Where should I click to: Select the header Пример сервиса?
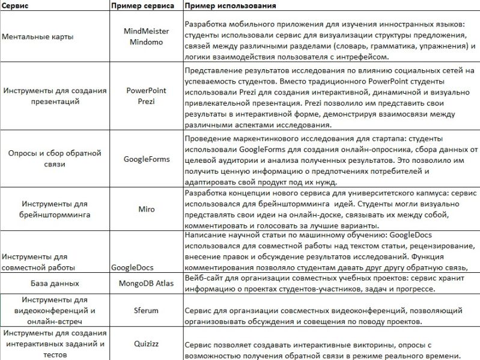click(143, 6)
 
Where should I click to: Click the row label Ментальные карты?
click(38, 37)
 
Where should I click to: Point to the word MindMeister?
click(146, 31)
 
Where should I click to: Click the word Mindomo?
click(146, 43)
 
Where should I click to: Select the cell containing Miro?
click(146, 209)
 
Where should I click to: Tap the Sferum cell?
click(146, 311)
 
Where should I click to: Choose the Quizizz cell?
click(146, 344)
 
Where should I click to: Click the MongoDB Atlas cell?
click(146, 283)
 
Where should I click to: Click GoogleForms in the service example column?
click(146, 159)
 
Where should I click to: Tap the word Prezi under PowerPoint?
click(146, 102)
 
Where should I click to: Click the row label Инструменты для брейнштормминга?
click(55, 209)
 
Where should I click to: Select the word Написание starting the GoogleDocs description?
click(205, 235)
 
